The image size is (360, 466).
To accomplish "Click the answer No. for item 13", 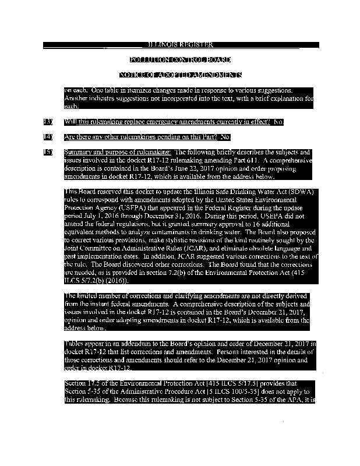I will pos(278,122).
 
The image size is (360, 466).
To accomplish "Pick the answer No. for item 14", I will pos(225,137).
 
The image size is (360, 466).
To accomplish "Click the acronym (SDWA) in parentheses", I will pos(301,192).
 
